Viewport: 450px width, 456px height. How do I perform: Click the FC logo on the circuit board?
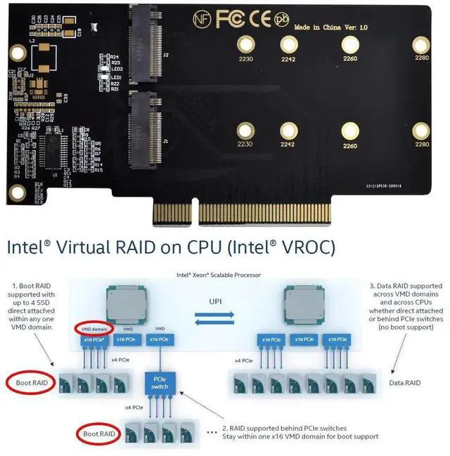click(231, 20)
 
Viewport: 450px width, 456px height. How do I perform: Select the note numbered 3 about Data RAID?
click(406, 306)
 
